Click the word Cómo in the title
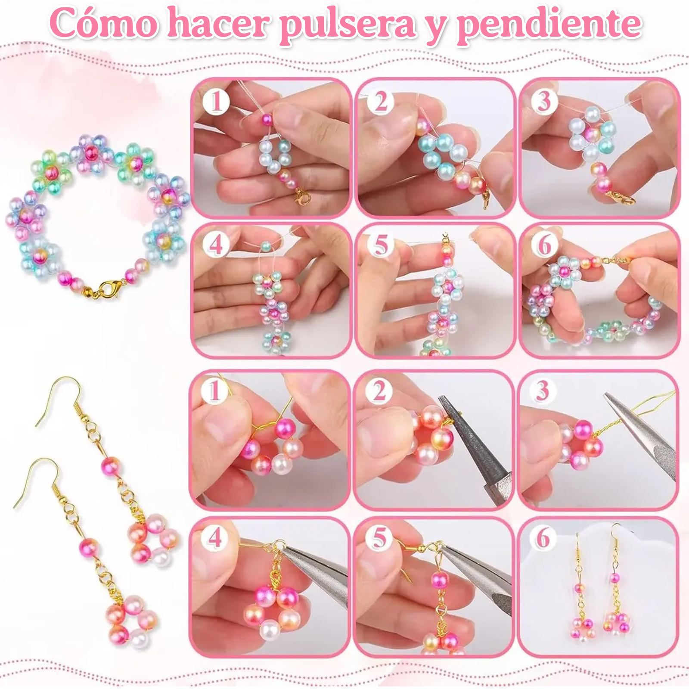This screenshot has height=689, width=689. coord(104,22)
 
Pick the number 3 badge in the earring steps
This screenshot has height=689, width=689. coord(543,391)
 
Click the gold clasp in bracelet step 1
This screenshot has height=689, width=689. coord(303,198)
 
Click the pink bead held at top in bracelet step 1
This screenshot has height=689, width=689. coord(267,119)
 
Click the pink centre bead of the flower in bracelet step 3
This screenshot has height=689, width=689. coord(593,135)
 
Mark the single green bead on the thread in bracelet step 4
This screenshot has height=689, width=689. coord(266,246)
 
